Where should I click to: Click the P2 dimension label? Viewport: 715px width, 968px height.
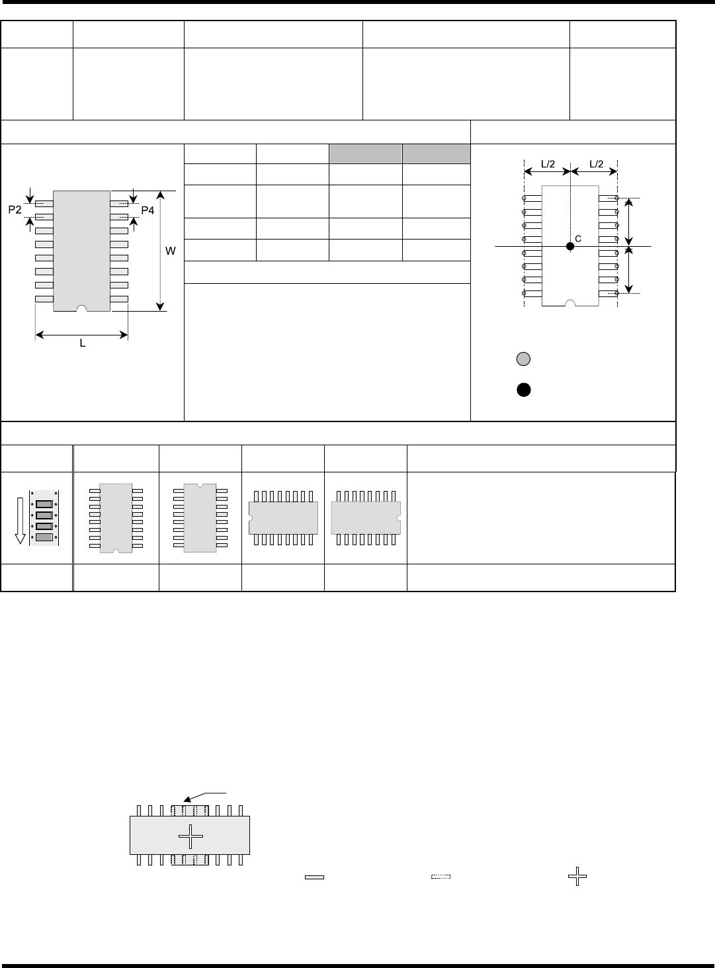click(x=15, y=210)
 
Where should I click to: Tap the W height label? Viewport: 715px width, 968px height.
click(x=171, y=251)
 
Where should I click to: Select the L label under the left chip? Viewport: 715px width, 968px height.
click(x=83, y=344)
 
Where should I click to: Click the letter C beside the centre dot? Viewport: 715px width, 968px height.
click(x=577, y=239)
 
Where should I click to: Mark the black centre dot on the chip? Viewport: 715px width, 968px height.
click(x=569, y=246)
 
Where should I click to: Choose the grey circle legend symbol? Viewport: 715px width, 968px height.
click(x=523, y=359)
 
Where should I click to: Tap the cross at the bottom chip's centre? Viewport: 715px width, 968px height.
click(x=190, y=836)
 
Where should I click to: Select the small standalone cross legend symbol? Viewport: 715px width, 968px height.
click(x=577, y=878)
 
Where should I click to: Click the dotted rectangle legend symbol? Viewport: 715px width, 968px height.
click(x=441, y=877)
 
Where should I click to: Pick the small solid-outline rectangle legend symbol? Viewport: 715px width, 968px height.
click(x=314, y=877)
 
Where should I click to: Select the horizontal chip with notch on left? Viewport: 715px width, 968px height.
click(x=283, y=517)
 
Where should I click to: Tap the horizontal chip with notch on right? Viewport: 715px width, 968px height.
click(x=366, y=517)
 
